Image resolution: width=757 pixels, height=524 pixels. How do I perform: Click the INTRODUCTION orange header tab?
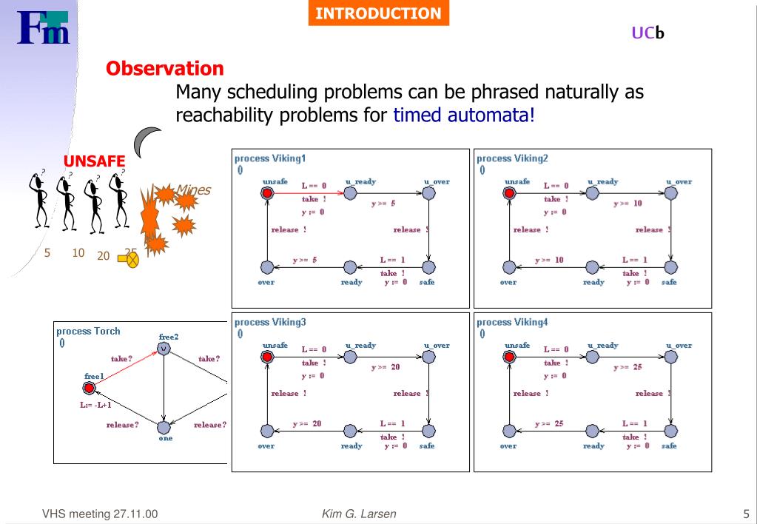point(378,13)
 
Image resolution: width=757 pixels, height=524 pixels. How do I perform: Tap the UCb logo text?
point(647,33)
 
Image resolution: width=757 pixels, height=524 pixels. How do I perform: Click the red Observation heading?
point(164,69)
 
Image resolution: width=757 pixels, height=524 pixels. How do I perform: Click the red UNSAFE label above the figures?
point(94,161)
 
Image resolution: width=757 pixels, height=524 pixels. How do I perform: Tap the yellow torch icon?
point(130,259)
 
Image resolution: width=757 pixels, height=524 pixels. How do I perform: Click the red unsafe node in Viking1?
point(267,193)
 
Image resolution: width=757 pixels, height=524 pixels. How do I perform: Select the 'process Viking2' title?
point(512,158)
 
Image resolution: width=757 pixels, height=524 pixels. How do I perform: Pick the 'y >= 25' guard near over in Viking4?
point(549,423)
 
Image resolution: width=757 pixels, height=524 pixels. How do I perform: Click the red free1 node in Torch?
point(90,388)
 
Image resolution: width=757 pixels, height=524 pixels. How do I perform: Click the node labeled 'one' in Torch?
point(164,427)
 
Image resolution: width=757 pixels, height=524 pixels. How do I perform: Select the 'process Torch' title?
point(88,331)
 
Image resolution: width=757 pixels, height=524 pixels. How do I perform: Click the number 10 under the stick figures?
point(78,252)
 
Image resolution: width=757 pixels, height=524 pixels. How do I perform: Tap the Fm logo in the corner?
point(44,27)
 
